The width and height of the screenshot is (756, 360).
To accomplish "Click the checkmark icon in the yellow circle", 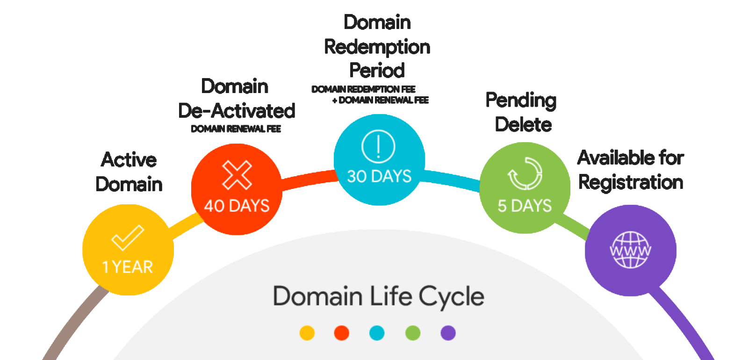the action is coord(127,238).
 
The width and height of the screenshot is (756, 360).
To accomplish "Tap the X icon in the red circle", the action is coord(237,175).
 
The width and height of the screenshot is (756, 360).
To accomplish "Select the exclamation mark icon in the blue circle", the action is coord(378,145).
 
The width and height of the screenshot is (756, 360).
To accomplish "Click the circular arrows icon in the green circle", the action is coord(525,173).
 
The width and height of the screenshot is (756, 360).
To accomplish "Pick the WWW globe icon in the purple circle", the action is coord(630,250).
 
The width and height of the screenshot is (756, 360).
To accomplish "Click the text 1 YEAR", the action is coord(128,267).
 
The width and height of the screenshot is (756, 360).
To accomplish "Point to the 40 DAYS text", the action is coord(237,206).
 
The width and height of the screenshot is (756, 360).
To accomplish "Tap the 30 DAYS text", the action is coord(379,176).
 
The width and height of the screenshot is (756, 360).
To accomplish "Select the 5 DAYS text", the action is coord(525,206).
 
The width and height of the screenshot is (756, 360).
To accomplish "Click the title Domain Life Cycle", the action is coord(378,296).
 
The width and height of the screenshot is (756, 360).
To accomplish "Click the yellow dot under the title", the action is coord(307,333).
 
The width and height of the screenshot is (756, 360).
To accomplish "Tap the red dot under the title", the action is coord(342,333).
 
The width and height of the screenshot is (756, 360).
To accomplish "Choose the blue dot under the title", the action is coord(377,333).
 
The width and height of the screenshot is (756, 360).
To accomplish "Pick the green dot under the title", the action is coord(413,333).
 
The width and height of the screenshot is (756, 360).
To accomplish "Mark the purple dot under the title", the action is coord(448,333).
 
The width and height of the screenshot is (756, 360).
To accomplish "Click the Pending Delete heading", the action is coord(522,112).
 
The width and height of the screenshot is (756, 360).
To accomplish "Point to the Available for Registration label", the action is coord(631,170).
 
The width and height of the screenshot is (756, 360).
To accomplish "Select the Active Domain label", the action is coord(129,172).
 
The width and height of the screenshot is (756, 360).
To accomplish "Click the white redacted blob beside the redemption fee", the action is coord(435,89).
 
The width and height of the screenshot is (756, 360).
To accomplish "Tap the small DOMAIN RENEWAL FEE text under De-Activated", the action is coord(236,129).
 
